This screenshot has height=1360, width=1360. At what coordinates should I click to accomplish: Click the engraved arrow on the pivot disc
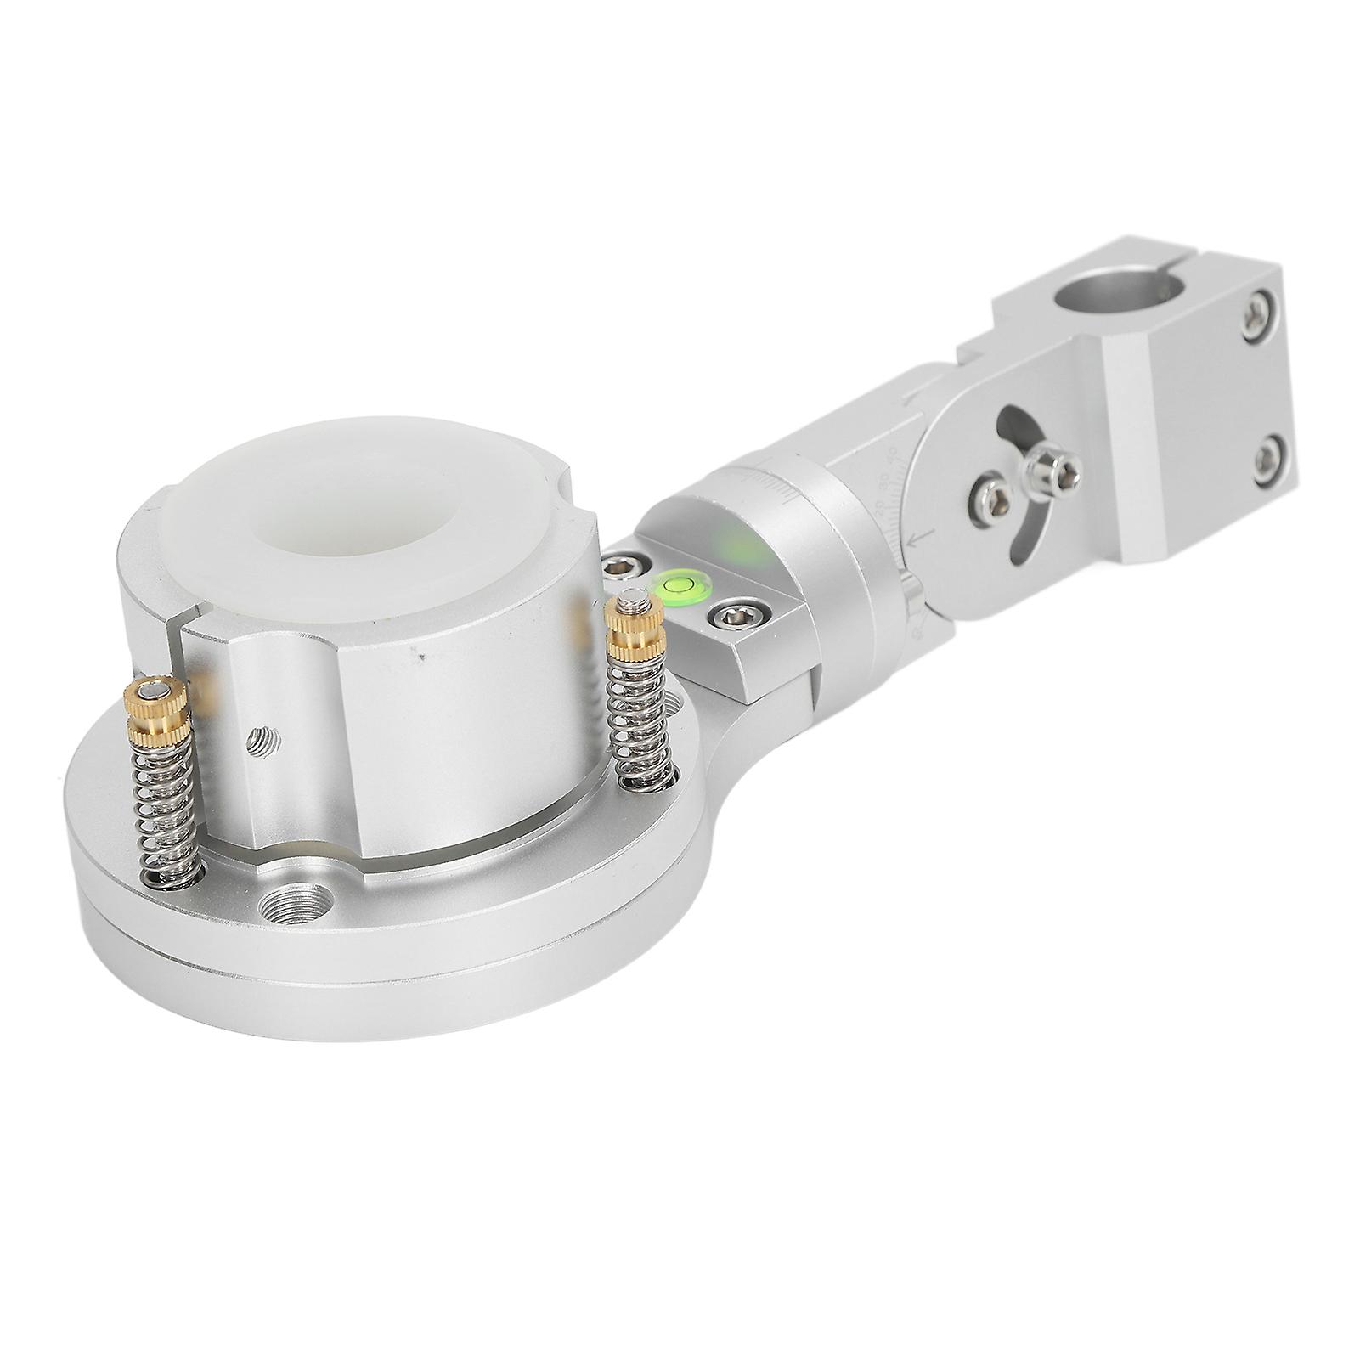pos(919,538)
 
